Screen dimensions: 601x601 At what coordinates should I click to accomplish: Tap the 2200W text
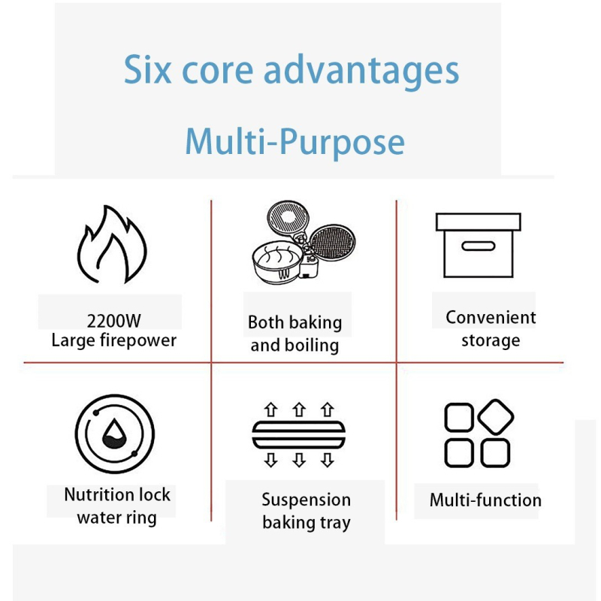point(114,321)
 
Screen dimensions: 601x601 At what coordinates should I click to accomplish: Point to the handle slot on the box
point(478,246)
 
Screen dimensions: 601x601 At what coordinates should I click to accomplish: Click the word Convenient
point(491,317)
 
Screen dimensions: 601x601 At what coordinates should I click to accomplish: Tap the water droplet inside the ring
point(114,434)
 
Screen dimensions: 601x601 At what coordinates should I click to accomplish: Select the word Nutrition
point(96,494)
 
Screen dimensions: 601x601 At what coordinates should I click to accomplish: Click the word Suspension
point(307,500)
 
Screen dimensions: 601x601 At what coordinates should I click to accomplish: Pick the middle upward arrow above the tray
point(299,409)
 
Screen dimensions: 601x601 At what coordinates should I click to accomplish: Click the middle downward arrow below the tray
point(299,460)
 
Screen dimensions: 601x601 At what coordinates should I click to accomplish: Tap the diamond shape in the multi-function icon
point(496,417)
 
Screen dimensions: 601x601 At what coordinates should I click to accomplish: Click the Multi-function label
point(485,500)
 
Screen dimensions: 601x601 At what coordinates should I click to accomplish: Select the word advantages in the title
point(361,71)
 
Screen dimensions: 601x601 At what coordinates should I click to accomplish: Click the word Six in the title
point(147,69)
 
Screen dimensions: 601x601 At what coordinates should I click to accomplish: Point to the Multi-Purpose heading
point(294,142)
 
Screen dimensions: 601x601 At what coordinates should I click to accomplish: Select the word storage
point(491,340)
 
